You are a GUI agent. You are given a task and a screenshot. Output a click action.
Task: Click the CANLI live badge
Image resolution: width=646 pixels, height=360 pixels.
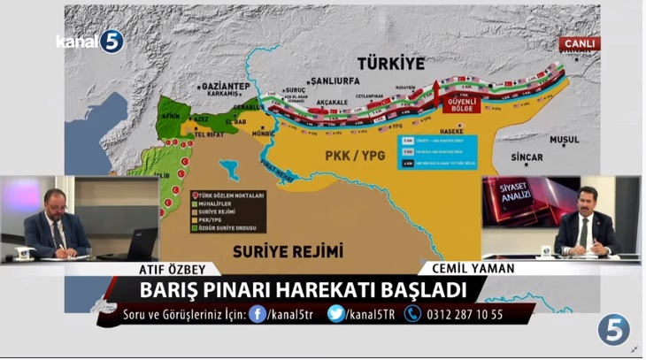point(579,42)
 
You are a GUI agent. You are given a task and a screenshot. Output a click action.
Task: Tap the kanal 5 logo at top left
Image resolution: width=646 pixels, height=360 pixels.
point(89,41)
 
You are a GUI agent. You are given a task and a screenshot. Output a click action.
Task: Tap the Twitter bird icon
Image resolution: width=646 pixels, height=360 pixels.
point(335,313)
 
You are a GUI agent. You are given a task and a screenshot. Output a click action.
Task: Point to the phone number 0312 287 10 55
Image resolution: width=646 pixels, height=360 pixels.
point(464,314)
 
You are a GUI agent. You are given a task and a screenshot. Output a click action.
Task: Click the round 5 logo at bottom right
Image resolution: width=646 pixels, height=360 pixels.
point(613,329)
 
